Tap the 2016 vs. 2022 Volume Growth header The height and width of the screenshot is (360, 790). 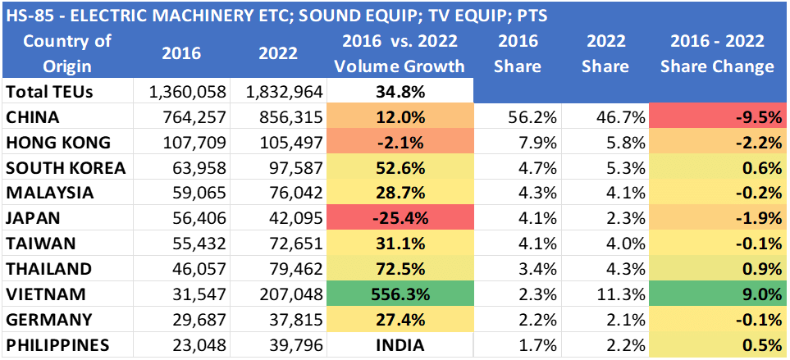[x=400, y=53]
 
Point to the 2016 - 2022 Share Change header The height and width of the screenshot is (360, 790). [x=717, y=53]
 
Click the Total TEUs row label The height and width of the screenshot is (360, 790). [x=48, y=92]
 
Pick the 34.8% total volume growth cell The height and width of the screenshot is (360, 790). [x=400, y=92]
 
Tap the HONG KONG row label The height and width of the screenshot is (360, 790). [x=58, y=143]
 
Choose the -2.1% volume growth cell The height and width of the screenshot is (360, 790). [x=400, y=143]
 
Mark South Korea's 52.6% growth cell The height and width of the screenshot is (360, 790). [x=400, y=168]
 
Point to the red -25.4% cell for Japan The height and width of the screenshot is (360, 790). [x=400, y=219]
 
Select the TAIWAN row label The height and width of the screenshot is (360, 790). [x=41, y=244]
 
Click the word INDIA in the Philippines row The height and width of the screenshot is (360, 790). [x=400, y=345]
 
